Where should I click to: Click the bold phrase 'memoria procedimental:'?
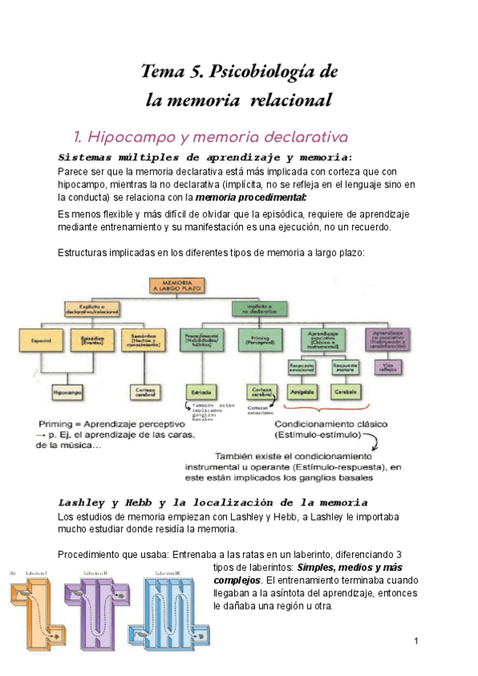click(251, 197)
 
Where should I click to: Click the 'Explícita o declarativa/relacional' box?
click(91, 309)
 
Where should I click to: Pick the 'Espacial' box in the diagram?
click(41, 342)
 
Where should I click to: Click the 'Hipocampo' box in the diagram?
click(69, 392)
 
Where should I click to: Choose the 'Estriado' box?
click(200, 392)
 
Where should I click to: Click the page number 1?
click(416, 641)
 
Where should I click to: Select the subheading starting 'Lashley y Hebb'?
click(213, 503)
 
